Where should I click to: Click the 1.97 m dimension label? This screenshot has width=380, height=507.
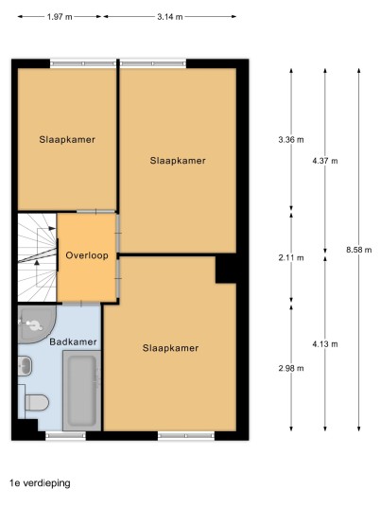[x=60, y=17]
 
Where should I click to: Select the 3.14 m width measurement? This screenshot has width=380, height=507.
[x=170, y=17]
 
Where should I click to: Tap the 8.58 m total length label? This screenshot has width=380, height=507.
[x=359, y=250]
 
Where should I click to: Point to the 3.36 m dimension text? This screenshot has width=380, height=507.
[x=291, y=140]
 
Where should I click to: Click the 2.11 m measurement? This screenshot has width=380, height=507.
[x=291, y=257]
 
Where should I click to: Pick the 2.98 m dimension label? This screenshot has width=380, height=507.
[x=291, y=368]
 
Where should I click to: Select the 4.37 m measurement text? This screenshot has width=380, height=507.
[x=325, y=161]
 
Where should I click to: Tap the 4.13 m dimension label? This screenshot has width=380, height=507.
[x=325, y=344]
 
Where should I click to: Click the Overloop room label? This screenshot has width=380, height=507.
[x=87, y=255]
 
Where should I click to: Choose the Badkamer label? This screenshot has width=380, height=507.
[x=73, y=341]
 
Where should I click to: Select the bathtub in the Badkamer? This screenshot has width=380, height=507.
[x=81, y=391]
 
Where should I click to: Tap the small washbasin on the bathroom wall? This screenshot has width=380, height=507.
[x=25, y=366]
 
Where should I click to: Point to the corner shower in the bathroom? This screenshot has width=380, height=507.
[x=37, y=324]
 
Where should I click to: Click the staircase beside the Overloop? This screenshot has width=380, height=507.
[x=37, y=257]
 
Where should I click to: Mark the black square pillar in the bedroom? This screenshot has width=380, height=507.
[x=226, y=269]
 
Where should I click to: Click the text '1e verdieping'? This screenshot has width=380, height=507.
[x=40, y=483]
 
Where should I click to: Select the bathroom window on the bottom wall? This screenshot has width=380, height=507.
[x=65, y=435]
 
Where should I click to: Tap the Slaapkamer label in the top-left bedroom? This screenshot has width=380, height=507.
[x=67, y=139]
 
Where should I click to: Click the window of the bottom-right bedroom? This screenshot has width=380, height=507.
[x=186, y=435]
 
